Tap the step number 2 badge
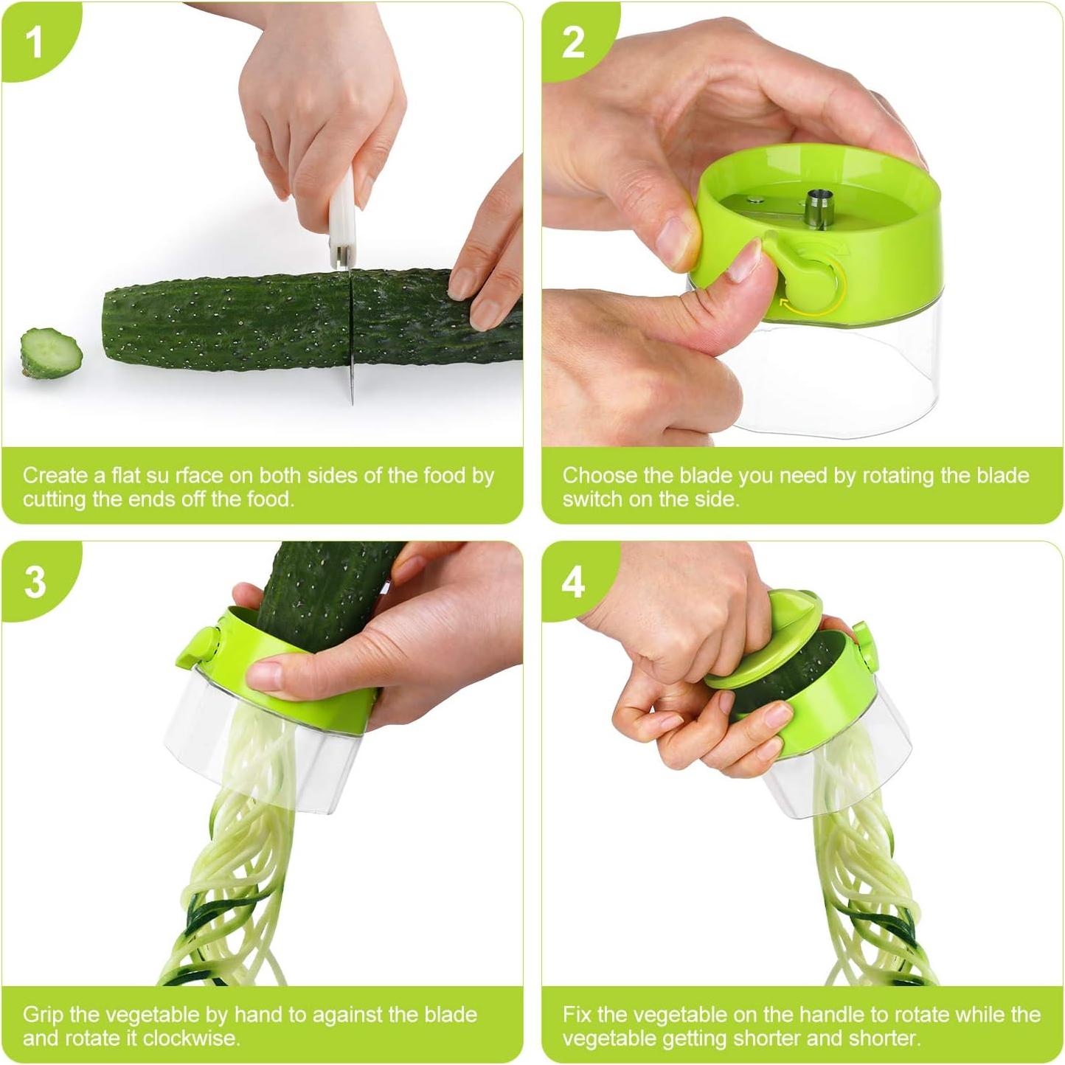pos(573,42)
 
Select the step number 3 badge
pos(35,582)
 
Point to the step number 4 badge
pos(573,582)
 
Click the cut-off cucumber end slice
pos(51,353)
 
